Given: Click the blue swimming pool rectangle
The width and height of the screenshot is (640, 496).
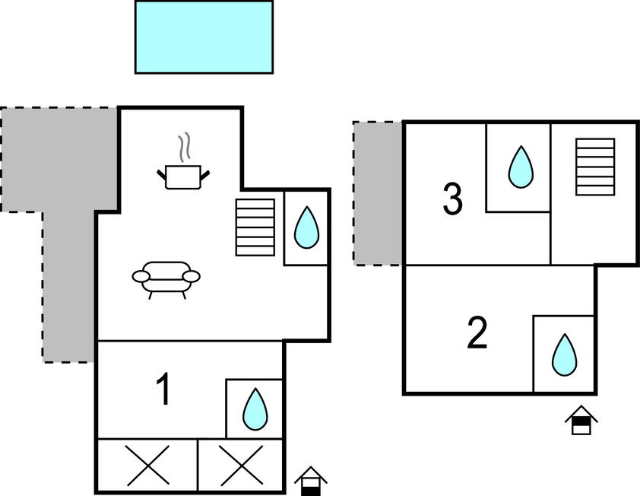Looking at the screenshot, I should pyautogui.click(x=204, y=37).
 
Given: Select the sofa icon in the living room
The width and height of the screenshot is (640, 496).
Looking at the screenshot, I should pyautogui.click(x=166, y=277).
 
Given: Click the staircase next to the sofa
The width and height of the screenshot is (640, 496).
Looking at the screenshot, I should pyautogui.click(x=255, y=227).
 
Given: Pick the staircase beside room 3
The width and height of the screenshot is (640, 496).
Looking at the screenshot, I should pyautogui.click(x=594, y=167).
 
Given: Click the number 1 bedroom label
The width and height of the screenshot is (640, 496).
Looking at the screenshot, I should pyautogui.click(x=163, y=390).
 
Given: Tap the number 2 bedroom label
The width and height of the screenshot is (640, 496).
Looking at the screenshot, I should pyautogui.click(x=477, y=334).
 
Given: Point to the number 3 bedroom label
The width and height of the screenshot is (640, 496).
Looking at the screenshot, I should pyautogui.click(x=452, y=200).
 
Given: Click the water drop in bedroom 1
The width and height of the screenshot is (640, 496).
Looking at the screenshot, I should pyautogui.click(x=254, y=409).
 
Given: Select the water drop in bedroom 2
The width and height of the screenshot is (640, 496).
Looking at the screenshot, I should pyautogui.click(x=564, y=355).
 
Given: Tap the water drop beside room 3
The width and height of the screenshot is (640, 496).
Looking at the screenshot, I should pyautogui.click(x=520, y=167).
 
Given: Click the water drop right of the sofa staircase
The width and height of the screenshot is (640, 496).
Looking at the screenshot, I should pyautogui.click(x=306, y=227).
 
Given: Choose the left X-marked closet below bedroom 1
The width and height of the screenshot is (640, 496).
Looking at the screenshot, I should pyautogui.click(x=147, y=465).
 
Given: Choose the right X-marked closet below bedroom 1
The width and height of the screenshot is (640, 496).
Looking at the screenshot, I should pyautogui.click(x=240, y=465).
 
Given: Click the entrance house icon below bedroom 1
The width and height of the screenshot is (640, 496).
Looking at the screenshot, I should pyautogui.click(x=310, y=481).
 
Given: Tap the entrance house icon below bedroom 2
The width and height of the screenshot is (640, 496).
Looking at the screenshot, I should pyautogui.click(x=581, y=420).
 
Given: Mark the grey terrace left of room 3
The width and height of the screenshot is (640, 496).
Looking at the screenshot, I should pyautogui.click(x=379, y=193).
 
